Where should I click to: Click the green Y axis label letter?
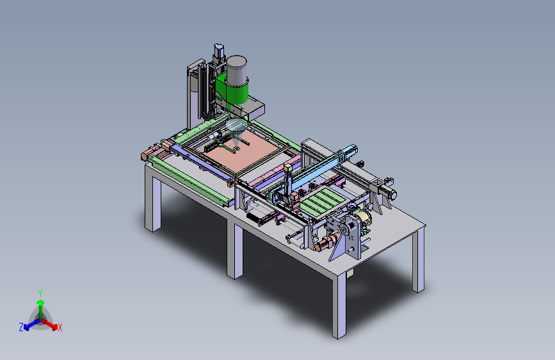pos(40,293)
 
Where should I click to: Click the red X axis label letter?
pos(60,328)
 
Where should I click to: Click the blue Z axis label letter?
pos(21,327)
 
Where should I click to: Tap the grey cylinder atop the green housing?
pos(236,70)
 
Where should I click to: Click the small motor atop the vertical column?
pos(219,51)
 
